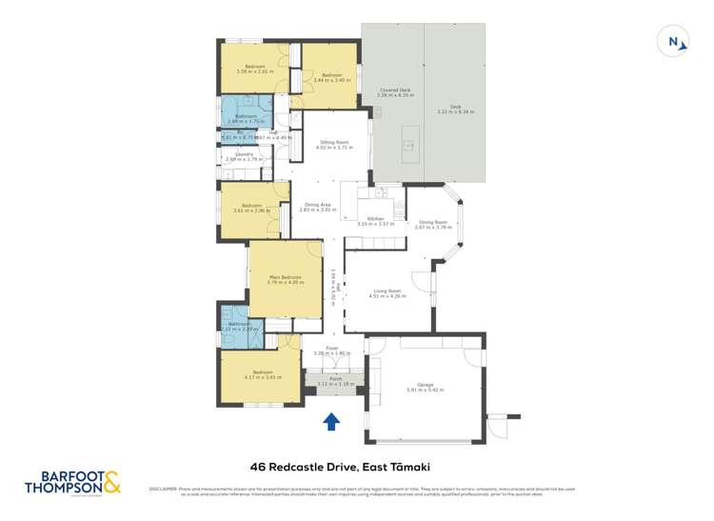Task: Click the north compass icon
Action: coord(675,42)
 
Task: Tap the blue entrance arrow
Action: coord(331,421)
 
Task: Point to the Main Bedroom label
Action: coord(284,280)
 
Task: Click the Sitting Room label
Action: coord(333,145)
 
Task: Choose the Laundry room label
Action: coord(237,156)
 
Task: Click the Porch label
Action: coord(335,381)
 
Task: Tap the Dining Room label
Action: coord(431,224)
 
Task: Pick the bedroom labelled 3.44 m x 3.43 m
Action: coord(331,77)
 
